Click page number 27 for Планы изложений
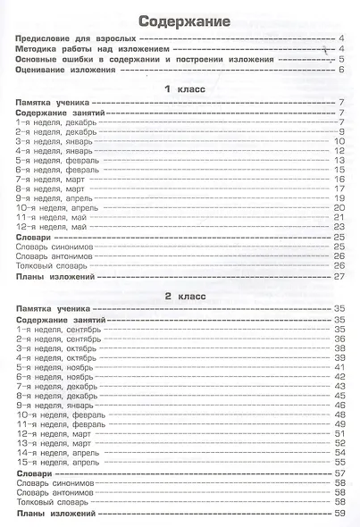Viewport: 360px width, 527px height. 339,276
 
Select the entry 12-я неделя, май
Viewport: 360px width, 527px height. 52,227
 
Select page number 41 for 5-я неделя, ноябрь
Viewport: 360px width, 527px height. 339,367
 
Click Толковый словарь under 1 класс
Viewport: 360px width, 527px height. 53,264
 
